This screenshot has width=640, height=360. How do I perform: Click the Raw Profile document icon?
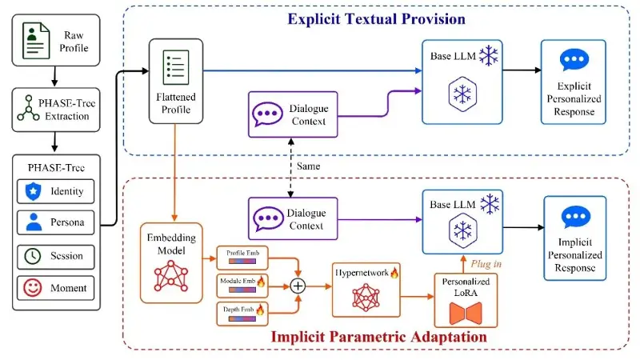tap(36, 41)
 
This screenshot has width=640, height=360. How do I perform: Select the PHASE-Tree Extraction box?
tap(56, 110)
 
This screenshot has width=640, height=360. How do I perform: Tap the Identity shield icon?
tap(33, 191)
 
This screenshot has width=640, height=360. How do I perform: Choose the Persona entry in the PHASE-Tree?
tap(55, 222)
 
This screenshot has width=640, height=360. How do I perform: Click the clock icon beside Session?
tap(33, 256)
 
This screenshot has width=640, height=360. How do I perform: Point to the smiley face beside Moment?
tap(33, 288)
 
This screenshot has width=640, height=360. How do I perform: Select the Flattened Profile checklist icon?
tap(176, 67)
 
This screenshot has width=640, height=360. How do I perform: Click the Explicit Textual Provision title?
tap(376, 19)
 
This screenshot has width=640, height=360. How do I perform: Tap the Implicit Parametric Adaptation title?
tap(378, 337)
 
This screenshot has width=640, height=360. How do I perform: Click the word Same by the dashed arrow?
tap(309, 166)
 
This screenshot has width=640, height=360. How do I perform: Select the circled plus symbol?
tap(298, 286)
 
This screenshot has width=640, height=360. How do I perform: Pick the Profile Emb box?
tap(242, 258)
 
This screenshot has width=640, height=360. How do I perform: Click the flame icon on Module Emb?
tap(261, 281)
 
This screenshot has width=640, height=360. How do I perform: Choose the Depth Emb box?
tap(242, 314)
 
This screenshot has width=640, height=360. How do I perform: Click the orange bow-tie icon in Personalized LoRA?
tap(466, 313)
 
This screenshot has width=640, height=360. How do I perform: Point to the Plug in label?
tap(486, 264)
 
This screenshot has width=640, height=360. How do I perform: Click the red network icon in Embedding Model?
tap(171, 276)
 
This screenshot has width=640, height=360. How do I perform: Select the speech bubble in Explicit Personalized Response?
tap(574, 60)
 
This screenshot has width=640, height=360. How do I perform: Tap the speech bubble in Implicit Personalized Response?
tap(575, 217)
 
